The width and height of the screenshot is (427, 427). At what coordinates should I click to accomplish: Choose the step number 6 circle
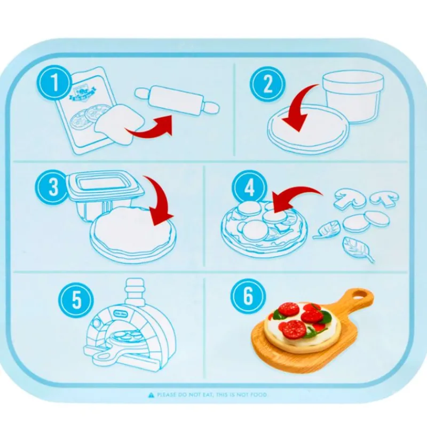pyautogui.click(x=248, y=297)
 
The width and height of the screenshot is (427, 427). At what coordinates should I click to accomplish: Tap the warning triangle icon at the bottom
pyautogui.click(x=152, y=395)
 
